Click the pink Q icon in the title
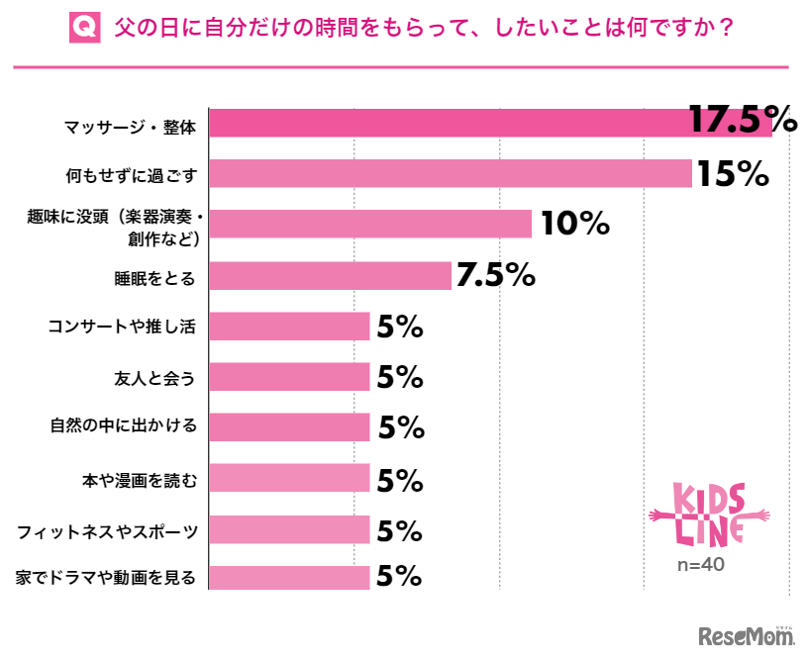(85, 29)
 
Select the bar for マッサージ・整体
(489, 123)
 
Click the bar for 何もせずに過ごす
(450, 173)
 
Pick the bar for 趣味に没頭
(370, 224)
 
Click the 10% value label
(573, 224)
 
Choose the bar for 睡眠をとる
(330, 275)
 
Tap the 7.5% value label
(495, 275)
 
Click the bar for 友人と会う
(289, 377)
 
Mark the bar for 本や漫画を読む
(289, 479)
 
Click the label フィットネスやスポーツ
(108, 531)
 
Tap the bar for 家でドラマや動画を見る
(289, 577)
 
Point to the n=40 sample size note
(702, 565)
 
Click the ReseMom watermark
(747, 634)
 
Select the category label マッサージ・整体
(131, 126)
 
